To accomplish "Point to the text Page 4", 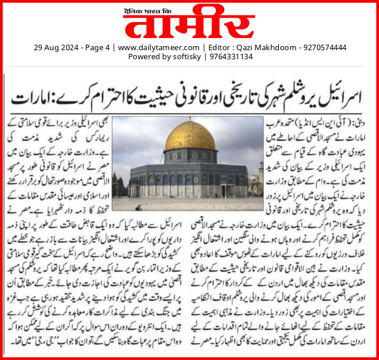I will pos(96,47).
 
